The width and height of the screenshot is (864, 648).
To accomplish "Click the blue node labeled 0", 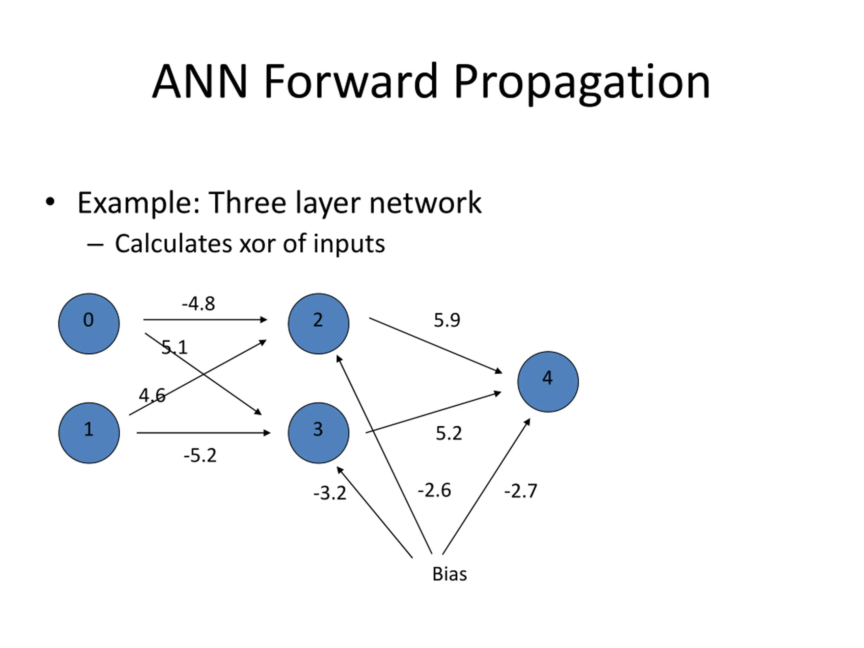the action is (89, 324).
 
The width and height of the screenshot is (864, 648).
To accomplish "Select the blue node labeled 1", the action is (89, 433).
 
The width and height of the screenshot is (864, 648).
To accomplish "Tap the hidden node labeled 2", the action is (319, 324).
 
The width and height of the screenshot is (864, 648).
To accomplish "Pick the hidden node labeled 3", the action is (319, 433).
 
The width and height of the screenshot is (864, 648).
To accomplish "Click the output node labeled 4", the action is (548, 382).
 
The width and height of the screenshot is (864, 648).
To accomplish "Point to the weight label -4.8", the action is (198, 304).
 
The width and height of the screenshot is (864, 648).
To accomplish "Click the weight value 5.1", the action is (174, 347).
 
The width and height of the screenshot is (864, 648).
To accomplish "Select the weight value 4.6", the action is (152, 395).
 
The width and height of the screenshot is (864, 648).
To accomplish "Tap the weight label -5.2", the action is (200, 455).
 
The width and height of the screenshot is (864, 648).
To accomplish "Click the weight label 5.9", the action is (447, 320).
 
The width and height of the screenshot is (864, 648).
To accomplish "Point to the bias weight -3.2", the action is (330, 493).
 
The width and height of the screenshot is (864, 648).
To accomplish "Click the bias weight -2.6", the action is (434, 490).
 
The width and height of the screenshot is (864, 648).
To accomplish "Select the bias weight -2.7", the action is (521, 491).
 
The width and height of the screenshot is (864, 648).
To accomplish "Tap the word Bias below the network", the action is (450, 574).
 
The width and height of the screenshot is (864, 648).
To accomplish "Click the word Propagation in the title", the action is (582, 83).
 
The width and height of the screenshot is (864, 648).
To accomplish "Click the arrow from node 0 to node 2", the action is (206, 320).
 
